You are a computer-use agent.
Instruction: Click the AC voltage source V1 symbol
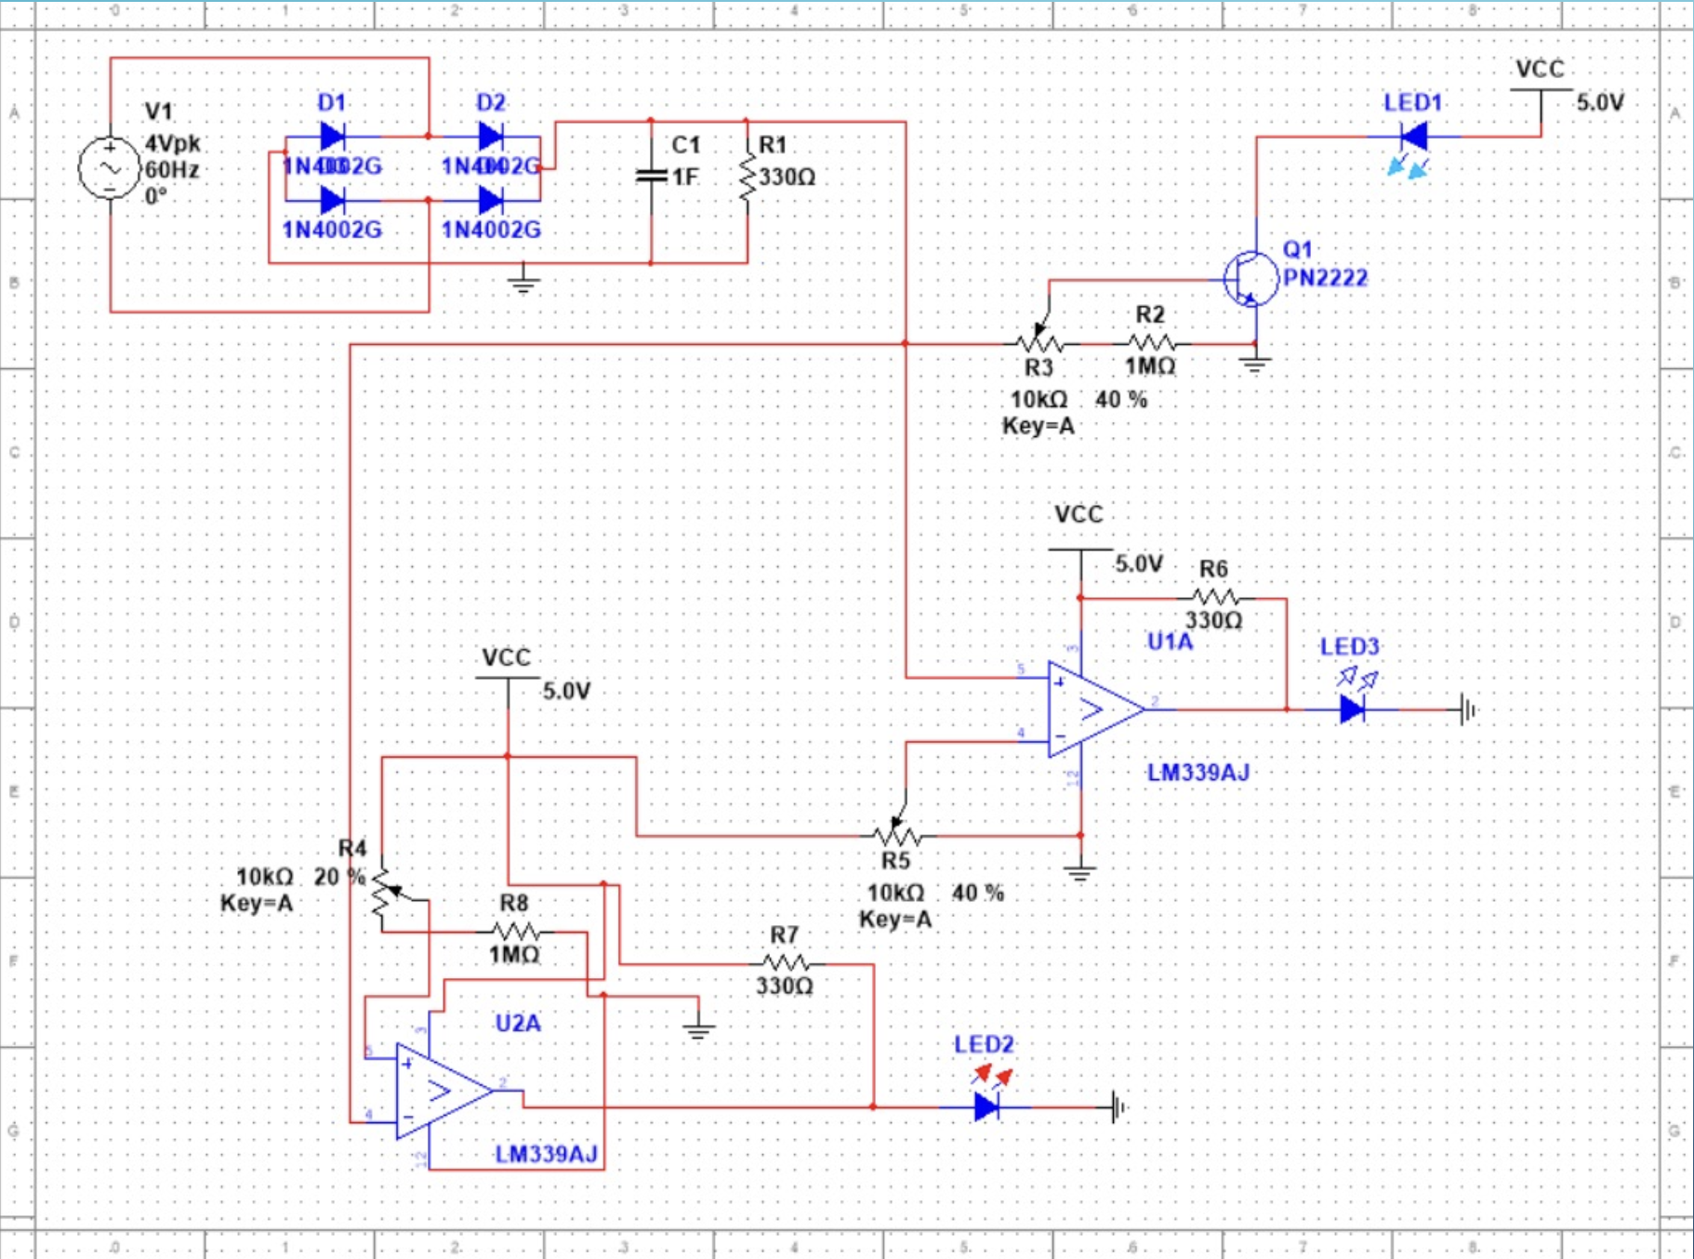(110, 168)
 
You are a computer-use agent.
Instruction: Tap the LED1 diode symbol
(1414, 138)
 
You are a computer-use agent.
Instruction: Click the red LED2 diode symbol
(986, 1107)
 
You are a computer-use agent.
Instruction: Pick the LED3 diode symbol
(1352, 709)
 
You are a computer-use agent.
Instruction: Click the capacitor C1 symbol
(651, 176)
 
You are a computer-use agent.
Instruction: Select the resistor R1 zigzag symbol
(747, 176)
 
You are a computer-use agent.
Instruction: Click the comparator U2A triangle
(437, 1091)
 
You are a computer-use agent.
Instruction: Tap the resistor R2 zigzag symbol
(1151, 343)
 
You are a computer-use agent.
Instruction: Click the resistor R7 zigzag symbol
(785, 963)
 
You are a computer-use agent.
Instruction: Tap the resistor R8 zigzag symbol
(515, 931)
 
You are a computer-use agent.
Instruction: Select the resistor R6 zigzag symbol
(1214, 598)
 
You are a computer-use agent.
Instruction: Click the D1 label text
(331, 102)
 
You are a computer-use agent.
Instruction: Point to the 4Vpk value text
(173, 143)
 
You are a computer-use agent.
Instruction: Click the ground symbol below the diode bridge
(523, 282)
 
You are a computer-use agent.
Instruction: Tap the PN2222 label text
(1325, 277)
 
